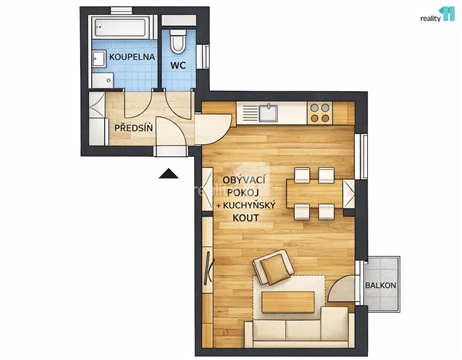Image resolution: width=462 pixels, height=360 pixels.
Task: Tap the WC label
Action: pos(178,66)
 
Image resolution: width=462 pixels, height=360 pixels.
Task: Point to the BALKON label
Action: pos(381,286)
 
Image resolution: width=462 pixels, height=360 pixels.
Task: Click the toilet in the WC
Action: pos(179,40)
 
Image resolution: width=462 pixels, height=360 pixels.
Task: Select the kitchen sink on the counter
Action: pos(269,112)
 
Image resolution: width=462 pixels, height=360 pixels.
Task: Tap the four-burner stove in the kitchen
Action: pos(320,112)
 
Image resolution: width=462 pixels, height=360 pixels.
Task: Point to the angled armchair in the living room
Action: pos(272,269)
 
